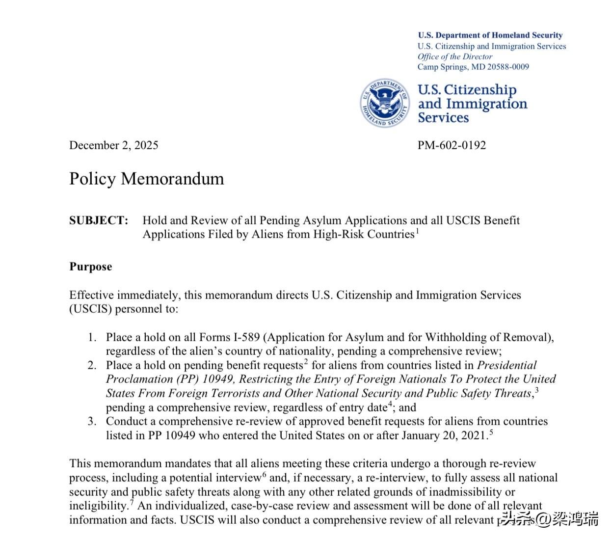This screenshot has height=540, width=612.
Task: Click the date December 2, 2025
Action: coord(113,145)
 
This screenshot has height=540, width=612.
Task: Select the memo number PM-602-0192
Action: coord(452,145)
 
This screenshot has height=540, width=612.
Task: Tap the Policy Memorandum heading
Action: coord(146,179)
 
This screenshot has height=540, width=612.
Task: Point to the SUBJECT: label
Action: coord(98,220)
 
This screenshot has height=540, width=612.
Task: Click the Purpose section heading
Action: coord(90,267)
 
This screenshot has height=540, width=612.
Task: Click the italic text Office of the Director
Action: coord(454,56)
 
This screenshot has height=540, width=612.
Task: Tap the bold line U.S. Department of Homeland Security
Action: coord(490,35)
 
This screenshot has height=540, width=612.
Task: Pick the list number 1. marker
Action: coord(92,338)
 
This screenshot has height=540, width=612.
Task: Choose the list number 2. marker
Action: coord(92,366)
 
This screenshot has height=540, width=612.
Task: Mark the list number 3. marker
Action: coord(92,422)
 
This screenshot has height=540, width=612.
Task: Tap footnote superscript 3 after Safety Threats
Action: coord(537,390)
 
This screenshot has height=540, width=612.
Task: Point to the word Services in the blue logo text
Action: coord(443,118)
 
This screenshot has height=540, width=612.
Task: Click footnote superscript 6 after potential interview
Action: coord(264,474)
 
